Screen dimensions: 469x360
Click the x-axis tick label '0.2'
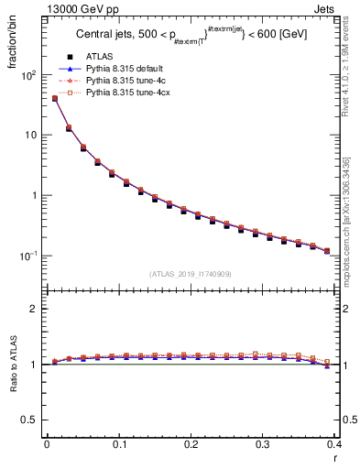191,446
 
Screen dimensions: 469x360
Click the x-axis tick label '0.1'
118,446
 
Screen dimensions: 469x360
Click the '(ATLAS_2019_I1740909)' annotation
190,274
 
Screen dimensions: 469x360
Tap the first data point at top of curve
54,98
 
